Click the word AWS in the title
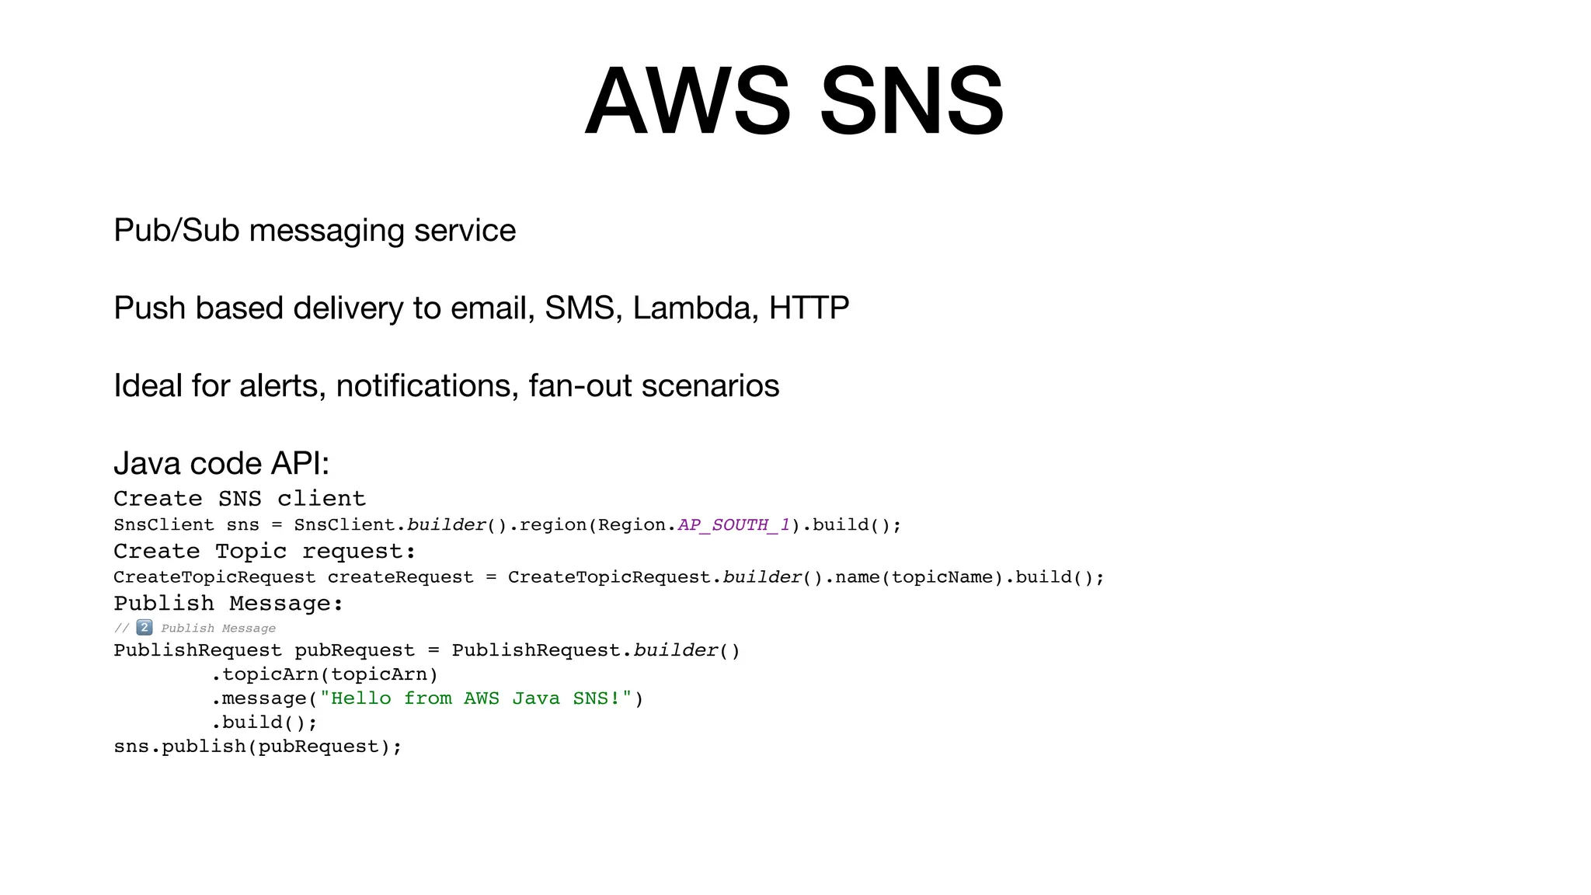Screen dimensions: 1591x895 pos(688,102)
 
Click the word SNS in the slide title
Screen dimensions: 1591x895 pos(911,102)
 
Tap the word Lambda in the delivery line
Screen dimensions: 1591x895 pos(695,308)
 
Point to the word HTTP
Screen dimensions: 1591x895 pos(809,308)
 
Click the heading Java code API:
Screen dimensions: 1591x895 pos(221,464)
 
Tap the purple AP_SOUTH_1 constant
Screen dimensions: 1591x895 pos(733,525)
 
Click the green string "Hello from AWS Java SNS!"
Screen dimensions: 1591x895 pos(475,698)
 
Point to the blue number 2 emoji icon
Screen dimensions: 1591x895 pos(144,627)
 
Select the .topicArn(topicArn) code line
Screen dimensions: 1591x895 pos(325,674)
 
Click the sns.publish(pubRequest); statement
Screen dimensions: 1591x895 pos(258,747)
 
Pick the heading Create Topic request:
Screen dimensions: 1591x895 pos(264,552)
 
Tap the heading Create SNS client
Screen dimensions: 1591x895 pos(239,499)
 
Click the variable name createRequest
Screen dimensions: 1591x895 pos(400,577)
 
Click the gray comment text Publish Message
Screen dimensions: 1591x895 pos(218,629)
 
